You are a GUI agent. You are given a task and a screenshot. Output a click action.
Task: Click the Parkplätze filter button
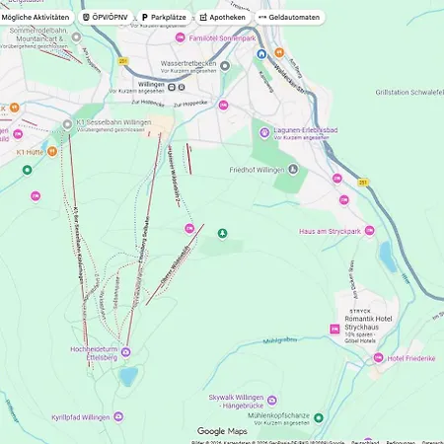[x=162, y=17]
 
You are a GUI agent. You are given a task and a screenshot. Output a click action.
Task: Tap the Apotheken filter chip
[x=222, y=17]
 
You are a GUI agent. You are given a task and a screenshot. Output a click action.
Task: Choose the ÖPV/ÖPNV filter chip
[x=104, y=17]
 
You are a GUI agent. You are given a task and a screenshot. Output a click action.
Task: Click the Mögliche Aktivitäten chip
[x=36, y=17]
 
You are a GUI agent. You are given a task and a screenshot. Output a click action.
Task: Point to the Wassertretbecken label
[x=186, y=64]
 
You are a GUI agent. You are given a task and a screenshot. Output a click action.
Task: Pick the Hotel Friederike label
[x=411, y=357]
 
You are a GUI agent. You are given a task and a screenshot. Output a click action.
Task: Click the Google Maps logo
[x=222, y=431]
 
